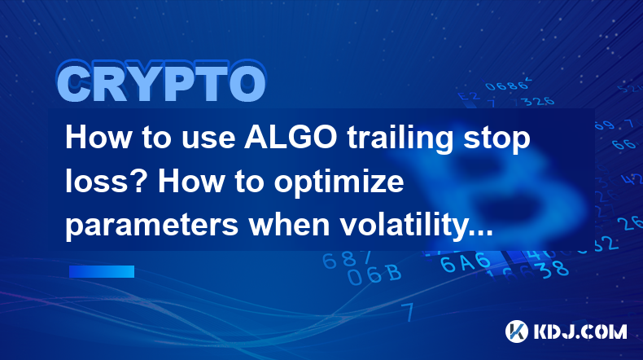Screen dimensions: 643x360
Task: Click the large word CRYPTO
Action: tap(161, 81)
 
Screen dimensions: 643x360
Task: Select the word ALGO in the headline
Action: tap(291, 138)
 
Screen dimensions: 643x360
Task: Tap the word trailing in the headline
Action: tap(400, 139)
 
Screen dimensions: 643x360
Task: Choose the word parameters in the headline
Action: tap(152, 226)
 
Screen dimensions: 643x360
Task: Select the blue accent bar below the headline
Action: tap(102, 271)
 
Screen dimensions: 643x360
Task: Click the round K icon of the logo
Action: tap(516, 331)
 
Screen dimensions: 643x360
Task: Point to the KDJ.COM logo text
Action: tap(580, 331)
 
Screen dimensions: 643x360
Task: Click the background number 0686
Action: tap(508, 86)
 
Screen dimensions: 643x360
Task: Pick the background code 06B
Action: tap(374, 274)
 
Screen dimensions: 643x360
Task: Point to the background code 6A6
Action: tap(466, 263)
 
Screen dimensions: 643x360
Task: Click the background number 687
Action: tap(347, 261)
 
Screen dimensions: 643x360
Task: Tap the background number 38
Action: tap(555, 270)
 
